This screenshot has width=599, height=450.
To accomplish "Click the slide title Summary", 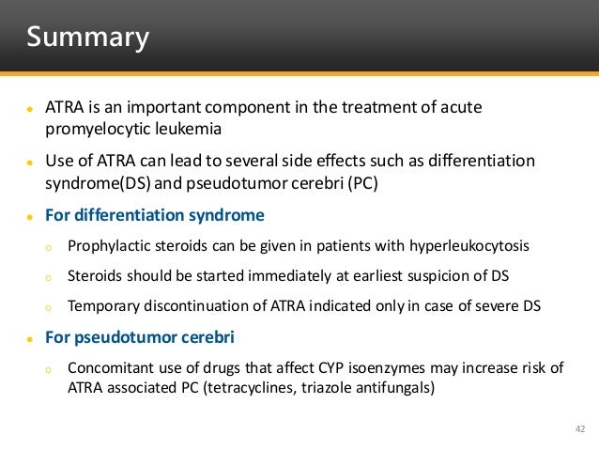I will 87,38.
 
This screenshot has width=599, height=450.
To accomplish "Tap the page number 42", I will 579,429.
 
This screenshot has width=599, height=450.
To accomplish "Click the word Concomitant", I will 113,367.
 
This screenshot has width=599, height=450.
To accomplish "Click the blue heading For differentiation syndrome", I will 155,216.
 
